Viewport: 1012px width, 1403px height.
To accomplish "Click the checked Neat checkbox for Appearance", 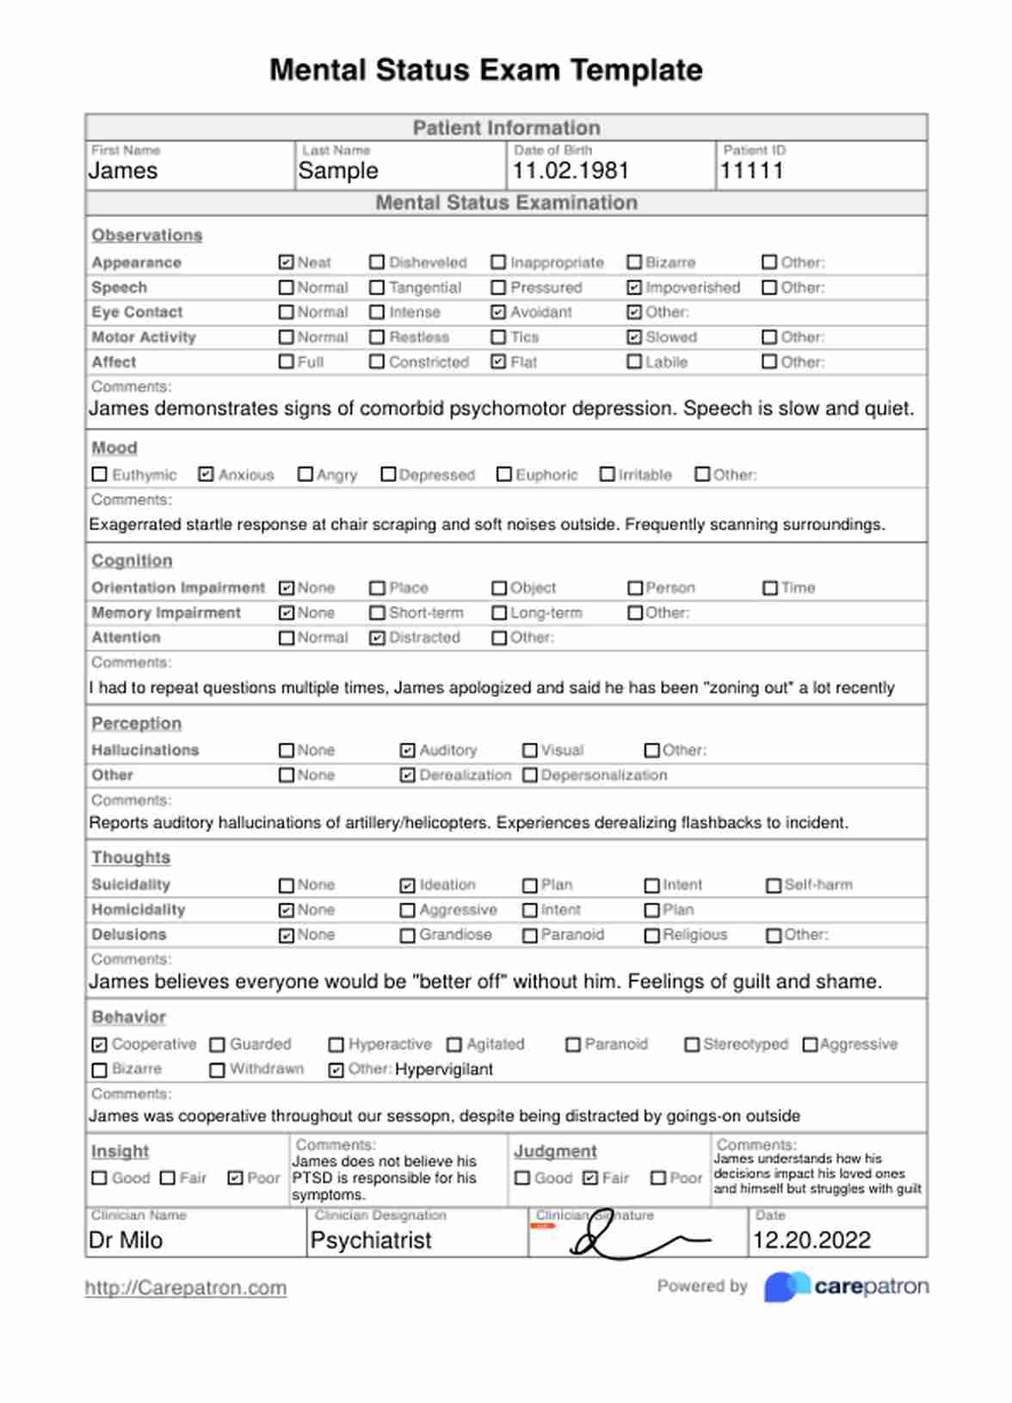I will [x=287, y=263].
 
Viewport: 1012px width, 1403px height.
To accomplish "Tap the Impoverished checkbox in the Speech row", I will [x=634, y=287].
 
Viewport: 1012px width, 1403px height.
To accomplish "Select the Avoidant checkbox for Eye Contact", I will [x=498, y=312].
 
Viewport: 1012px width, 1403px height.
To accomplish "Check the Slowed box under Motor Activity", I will [x=634, y=337].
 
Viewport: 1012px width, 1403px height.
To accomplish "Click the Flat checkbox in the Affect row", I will [x=498, y=362].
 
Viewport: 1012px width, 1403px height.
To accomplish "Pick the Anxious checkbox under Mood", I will [x=206, y=474].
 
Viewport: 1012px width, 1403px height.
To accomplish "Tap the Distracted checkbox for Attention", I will [x=377, y=638].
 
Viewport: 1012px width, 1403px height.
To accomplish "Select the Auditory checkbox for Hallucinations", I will [x=408, y=751].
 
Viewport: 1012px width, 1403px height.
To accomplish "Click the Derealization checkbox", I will [x=408, y=776].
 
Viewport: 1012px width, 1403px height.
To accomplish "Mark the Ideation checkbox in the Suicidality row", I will [x=408, y=885].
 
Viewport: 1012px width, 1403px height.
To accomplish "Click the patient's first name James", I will [x=123, y=170].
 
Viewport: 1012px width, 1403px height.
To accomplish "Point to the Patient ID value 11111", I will [x=751, y=170].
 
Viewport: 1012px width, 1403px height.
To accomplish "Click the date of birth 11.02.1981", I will [x=571, y=170].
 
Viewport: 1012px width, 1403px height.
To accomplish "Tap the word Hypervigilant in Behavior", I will [x=444, y=1069].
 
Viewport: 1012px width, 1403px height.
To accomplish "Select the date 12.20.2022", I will [x=811, y=1240].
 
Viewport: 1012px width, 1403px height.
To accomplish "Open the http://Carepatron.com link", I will [x=186, y=1288].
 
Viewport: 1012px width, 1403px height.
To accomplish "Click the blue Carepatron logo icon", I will [x=785, y=1287].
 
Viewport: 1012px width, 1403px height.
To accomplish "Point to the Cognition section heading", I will [x=132, y=560].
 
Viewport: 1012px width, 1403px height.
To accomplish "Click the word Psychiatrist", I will [x=371, y=1240].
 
